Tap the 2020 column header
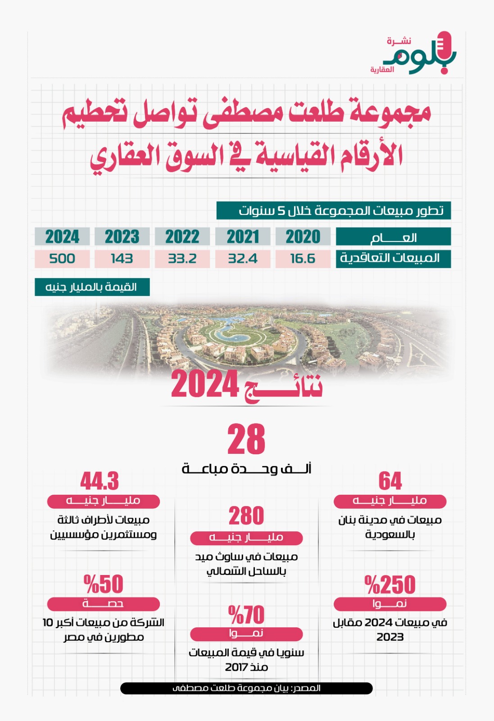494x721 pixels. coord(303,237)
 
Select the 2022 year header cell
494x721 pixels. coord(182,237)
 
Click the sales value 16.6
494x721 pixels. coord(303,259)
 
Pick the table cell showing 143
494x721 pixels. coord(122,259)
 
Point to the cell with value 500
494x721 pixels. coord(62,259)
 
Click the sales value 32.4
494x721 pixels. coord(243,259)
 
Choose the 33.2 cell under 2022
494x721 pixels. coord(182,259)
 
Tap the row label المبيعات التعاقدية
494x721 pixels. coord(393,259)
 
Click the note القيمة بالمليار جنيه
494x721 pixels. coord(92,287)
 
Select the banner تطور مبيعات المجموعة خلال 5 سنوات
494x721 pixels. coord(333,210)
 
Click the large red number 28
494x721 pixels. coord(246,439)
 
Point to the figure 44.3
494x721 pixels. coord(100,481)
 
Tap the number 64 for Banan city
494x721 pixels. coord(390,481)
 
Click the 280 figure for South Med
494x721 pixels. coord(246,516)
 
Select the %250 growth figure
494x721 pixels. coord(390,584)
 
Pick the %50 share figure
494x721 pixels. coord(103,584)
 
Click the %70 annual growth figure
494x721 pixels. coord(246,615)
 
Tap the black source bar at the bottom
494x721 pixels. coord(246,688)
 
